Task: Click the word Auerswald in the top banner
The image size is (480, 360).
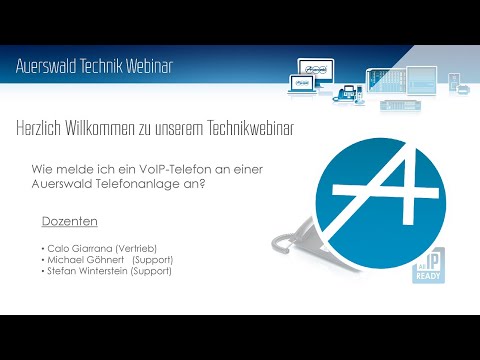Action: (x=47, y=66)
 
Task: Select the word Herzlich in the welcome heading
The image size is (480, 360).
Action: (x=42, y=129)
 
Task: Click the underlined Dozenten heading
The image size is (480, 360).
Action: (x=62, y=220)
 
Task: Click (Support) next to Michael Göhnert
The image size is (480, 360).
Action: (x=152, y=259)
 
